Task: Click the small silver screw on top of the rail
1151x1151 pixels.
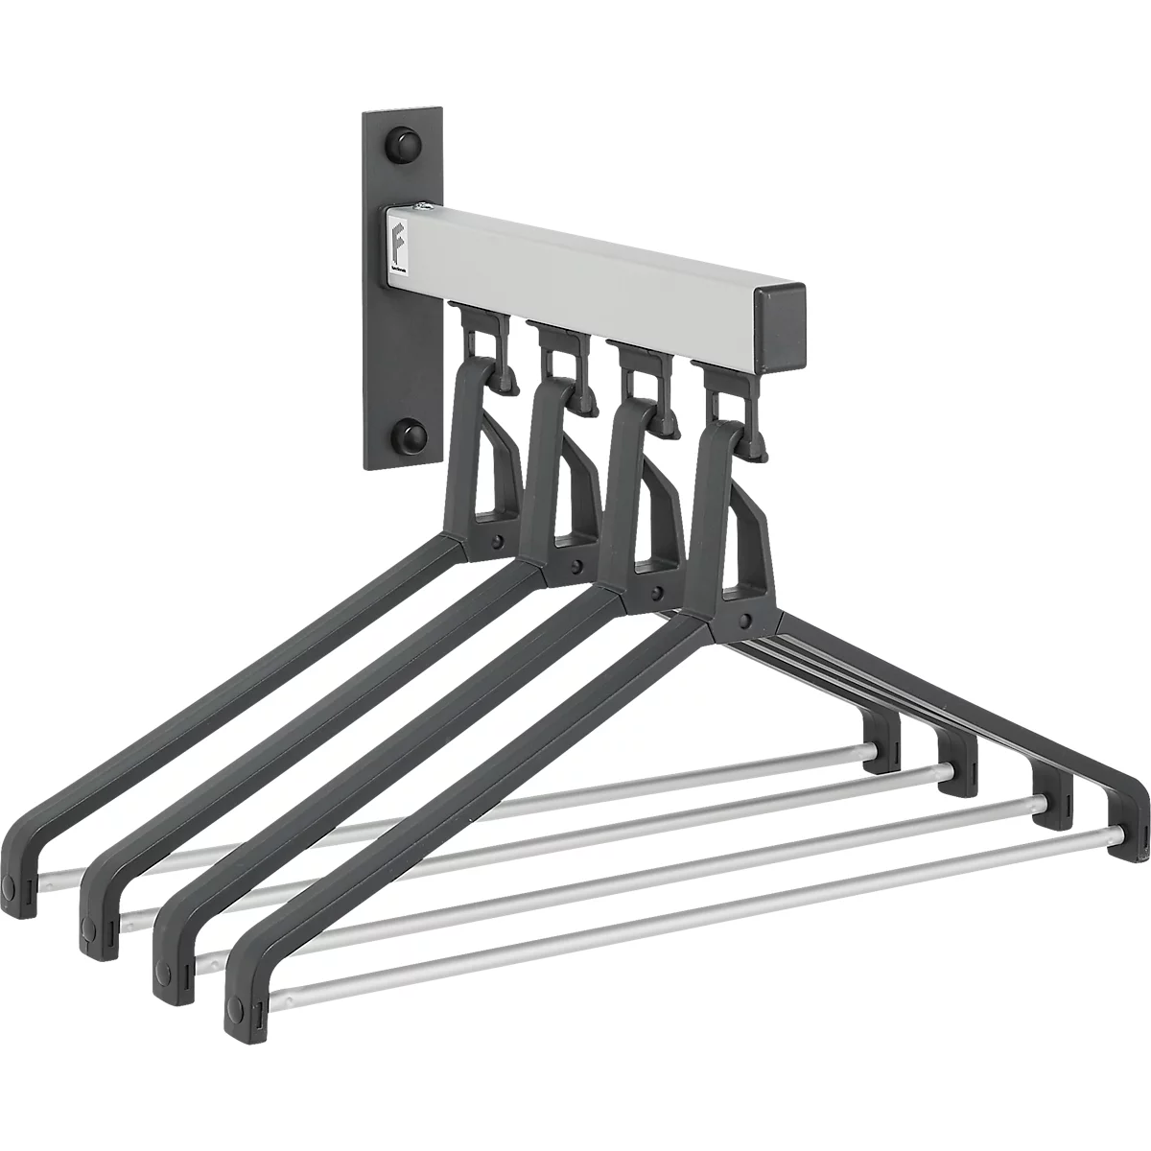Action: pyautogui.click(x=420, y=206)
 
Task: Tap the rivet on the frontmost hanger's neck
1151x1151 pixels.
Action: pyautogui.click(x=744, y=619)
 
